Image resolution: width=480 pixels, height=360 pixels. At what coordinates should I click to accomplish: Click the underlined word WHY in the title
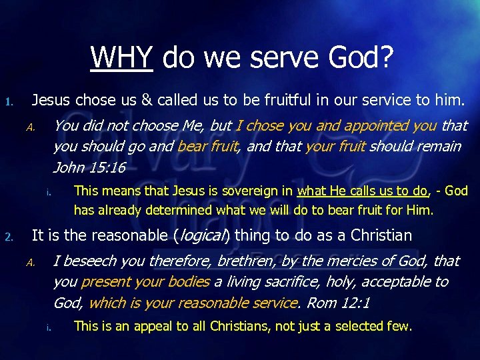(x=122, y=57)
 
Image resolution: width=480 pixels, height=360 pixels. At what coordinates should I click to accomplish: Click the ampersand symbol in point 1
(x=147, y=101)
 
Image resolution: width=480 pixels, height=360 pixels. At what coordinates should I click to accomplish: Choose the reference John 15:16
(x=89, y=167)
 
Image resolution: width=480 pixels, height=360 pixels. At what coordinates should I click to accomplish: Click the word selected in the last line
(x=359, y=327)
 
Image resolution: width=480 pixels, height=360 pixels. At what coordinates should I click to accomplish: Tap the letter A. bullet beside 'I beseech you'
(x=31, y=262)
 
